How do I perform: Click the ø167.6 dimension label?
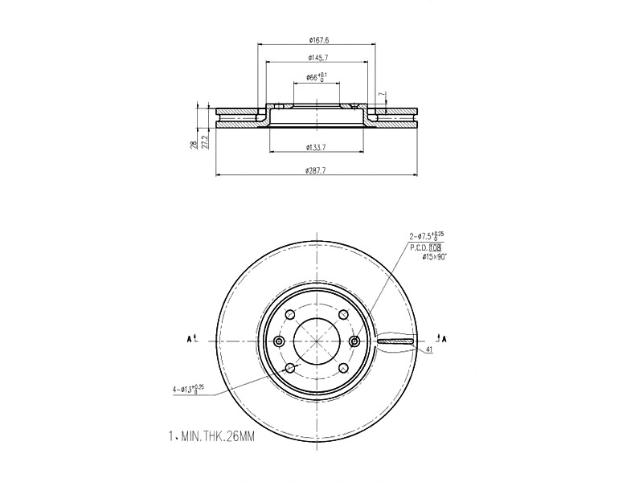click(318, 39)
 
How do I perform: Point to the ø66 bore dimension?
click(317, 77)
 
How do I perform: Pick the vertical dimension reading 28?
click(194, 145)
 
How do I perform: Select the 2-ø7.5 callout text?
click(426, 237)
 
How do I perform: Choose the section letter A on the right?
click(443, 338)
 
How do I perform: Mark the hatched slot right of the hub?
click(394, 341)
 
